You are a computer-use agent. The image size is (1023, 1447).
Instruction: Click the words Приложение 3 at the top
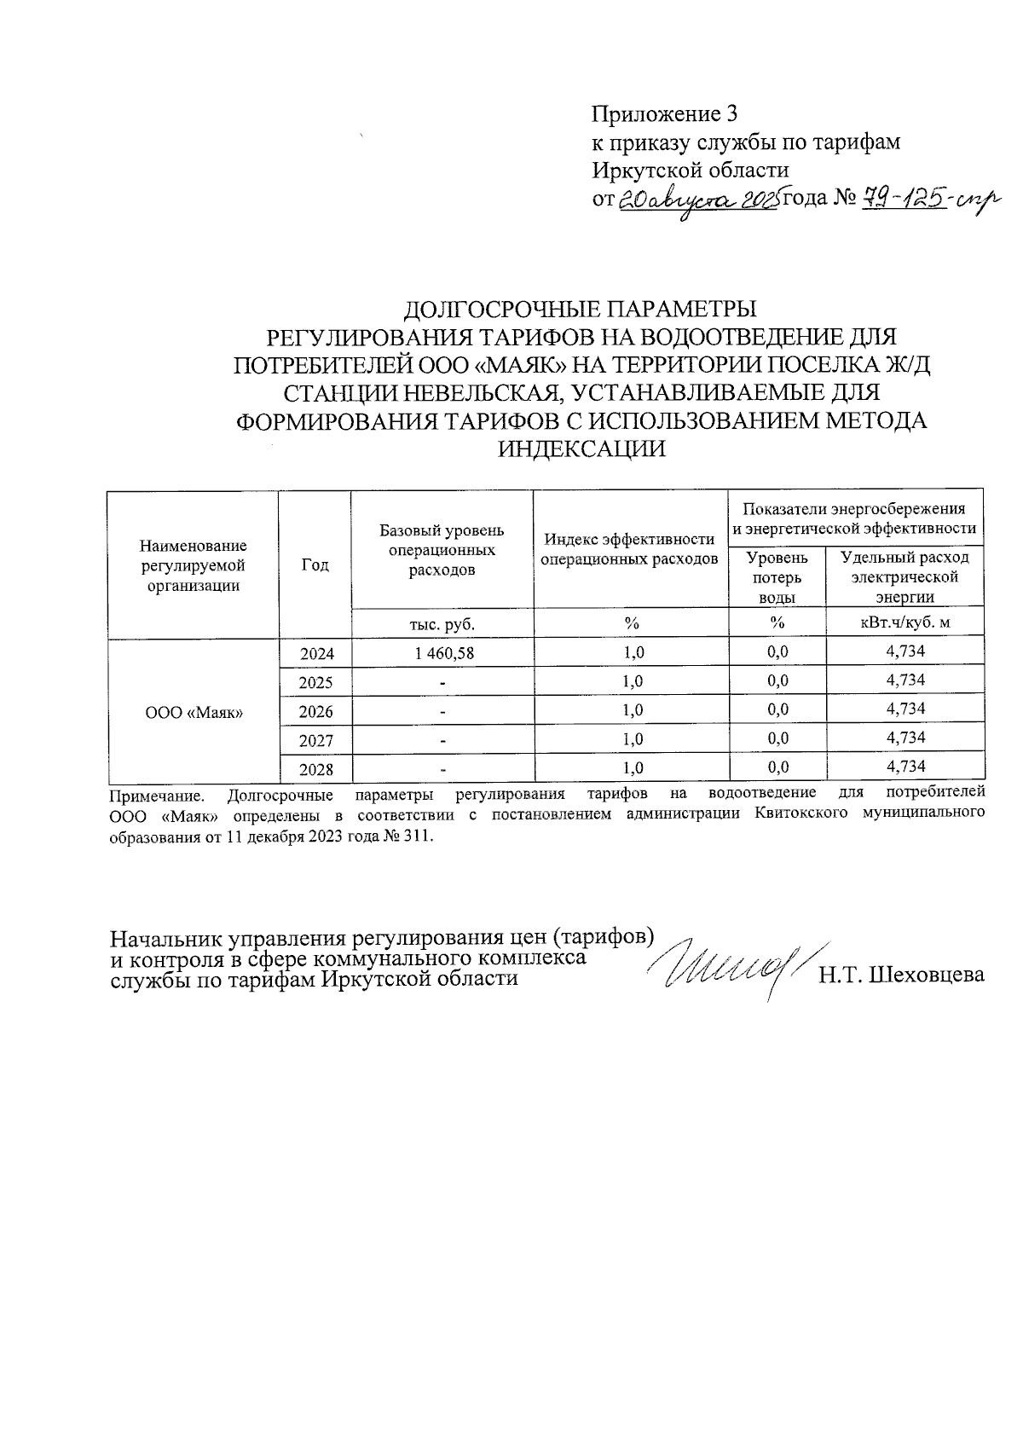(x=664, y=114)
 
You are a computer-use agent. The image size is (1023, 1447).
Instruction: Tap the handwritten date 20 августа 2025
(x=697, y=201)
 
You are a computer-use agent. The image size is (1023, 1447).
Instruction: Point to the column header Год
(x=315, y=565)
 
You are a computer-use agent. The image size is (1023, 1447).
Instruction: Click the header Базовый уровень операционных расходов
(x=442, y=550)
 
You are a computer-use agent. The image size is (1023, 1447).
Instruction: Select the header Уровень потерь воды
(x=777, y=577)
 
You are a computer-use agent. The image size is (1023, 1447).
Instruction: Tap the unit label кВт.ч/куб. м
(x=905, y=623)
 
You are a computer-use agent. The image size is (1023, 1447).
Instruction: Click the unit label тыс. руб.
(x=442, y=624)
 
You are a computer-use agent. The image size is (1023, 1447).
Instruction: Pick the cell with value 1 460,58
(x=442, y=653)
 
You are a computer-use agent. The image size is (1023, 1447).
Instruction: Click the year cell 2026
(x=315, y=711)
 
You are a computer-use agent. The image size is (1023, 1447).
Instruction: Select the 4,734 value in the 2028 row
(x=905, y=767)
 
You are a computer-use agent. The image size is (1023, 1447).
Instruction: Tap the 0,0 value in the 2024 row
(x=777, y=652)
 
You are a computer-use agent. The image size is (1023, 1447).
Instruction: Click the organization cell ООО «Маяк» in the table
(x=193, y=711)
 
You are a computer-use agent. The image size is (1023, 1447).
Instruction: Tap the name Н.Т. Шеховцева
(x=901, y=975)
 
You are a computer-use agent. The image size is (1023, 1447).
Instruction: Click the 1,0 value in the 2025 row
(x=632, y=681)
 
